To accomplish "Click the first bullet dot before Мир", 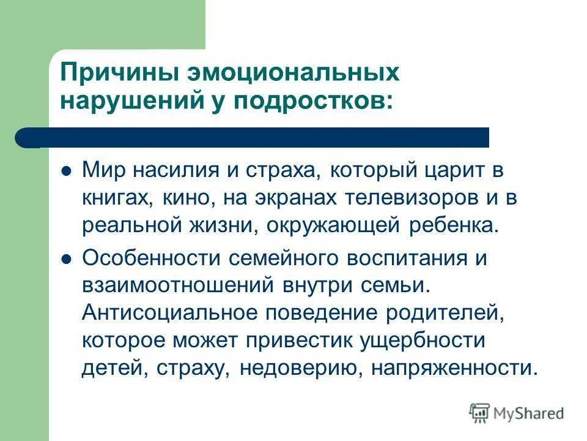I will (68, 170).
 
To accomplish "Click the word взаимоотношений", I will (177, 285).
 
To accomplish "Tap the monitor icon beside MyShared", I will (480, 412).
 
